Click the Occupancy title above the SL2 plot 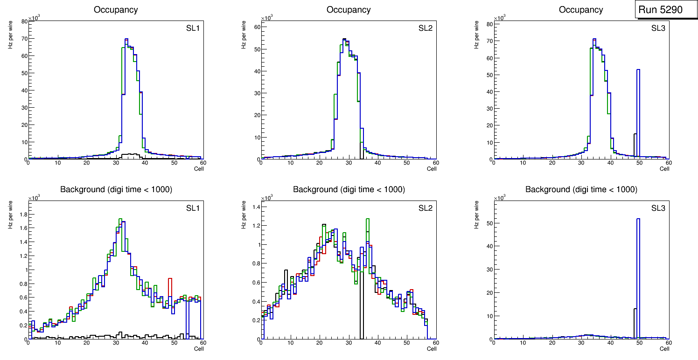[349, 10]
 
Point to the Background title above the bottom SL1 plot [116, 189]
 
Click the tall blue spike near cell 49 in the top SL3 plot [638, 112]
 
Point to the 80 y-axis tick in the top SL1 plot [23, 21]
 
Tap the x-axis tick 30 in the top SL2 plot [349, 163]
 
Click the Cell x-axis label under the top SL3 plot [664, 169]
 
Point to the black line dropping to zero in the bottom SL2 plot [361, 303]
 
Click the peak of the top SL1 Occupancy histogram [126, 39]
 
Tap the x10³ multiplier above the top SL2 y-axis [266, 18]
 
